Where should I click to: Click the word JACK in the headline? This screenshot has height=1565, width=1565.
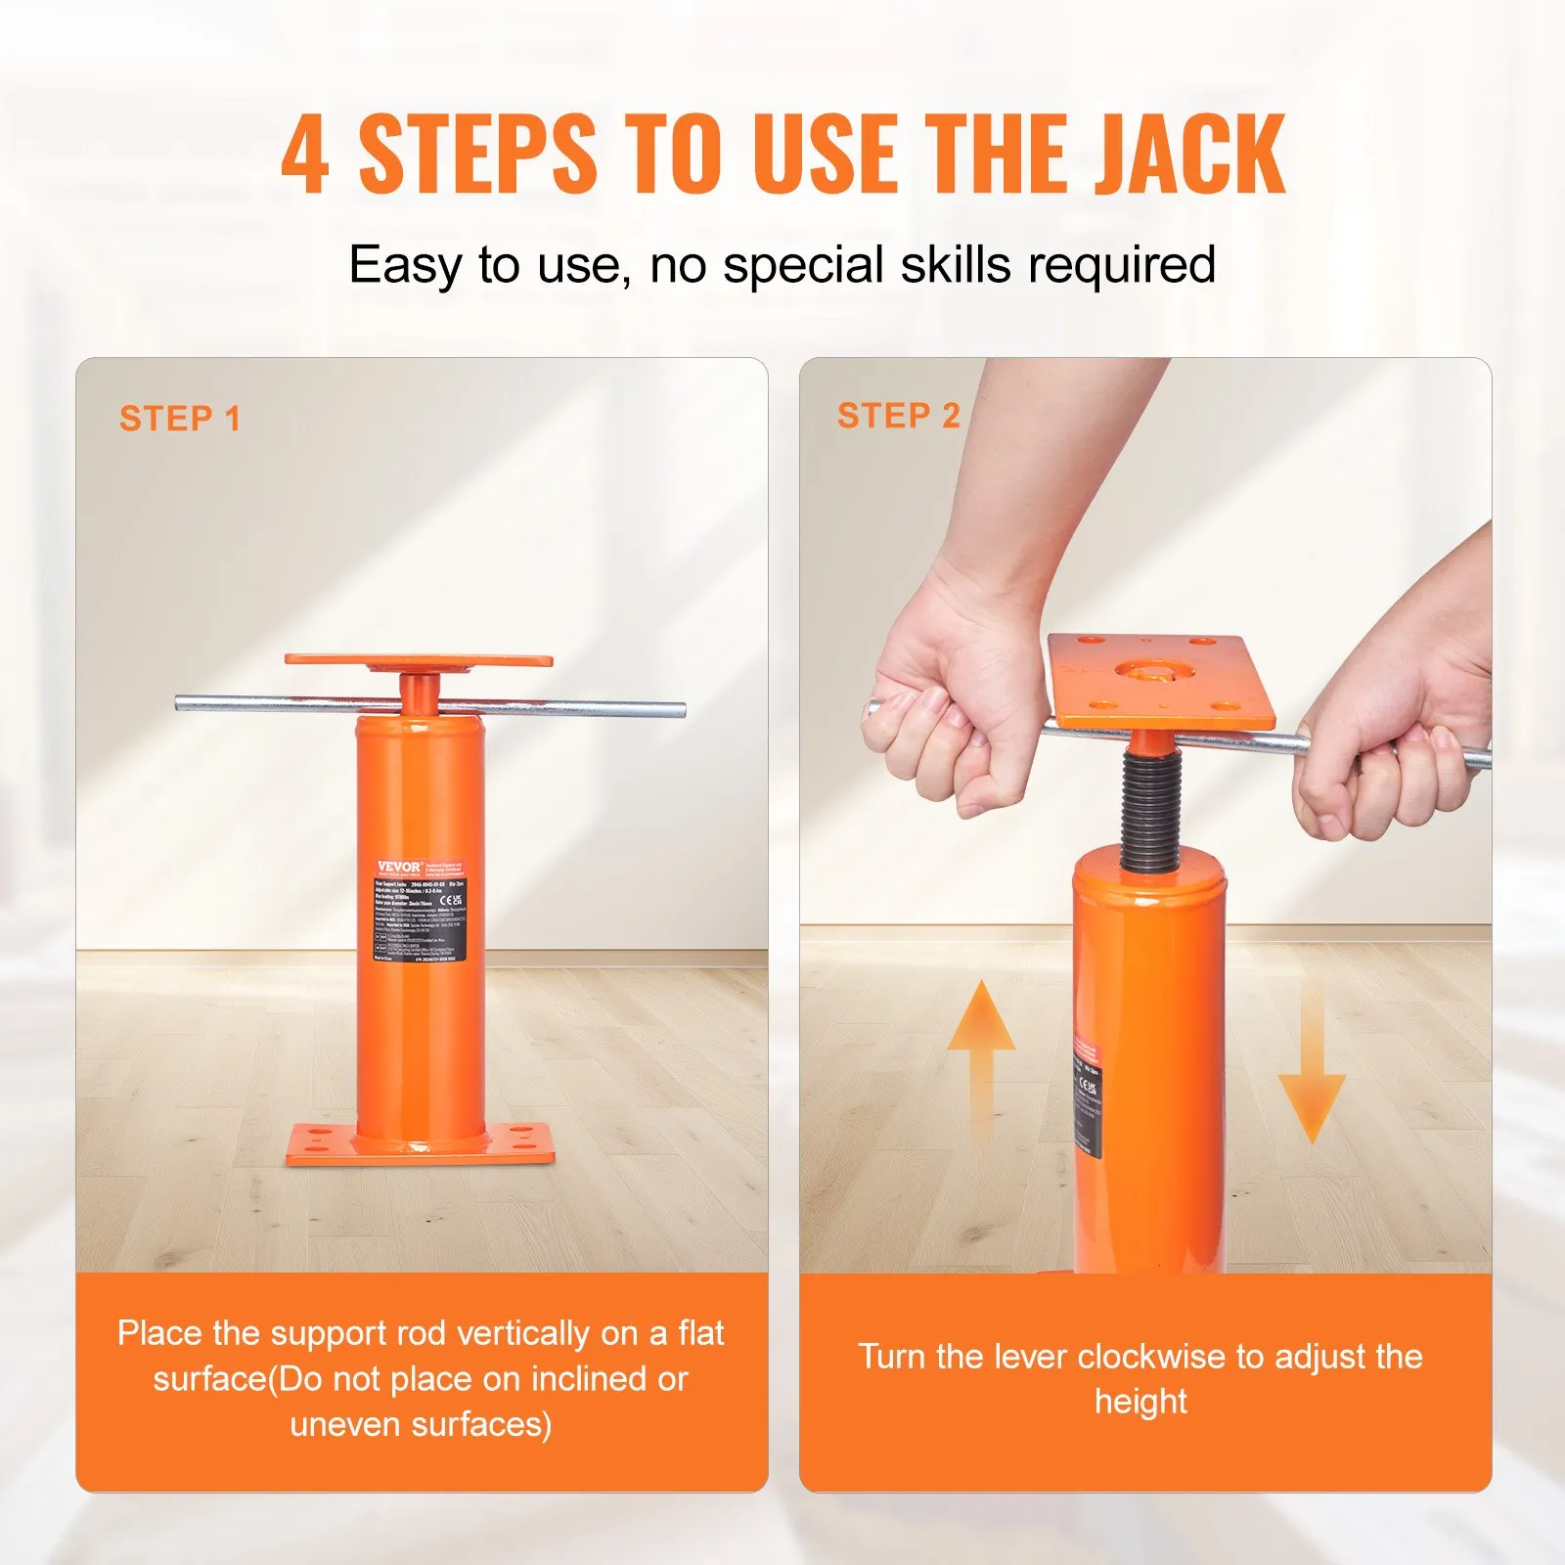pyautogui.click(x=1187, y=155)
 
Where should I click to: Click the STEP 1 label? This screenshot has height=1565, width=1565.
pyautogui.click(x=180, y=419)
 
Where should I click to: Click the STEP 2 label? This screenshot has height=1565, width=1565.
pyautogui.click(x=898, y=416)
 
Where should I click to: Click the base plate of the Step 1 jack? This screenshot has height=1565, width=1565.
pyautogui.click(x=421, y=1144)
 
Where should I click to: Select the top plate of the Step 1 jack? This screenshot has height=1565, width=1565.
pyautogui.click(x=419, y=661)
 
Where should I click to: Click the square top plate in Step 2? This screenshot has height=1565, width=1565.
pyautogui.click(x=1162, y=680)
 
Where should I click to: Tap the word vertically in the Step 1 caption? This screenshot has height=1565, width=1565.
pyautogui.click(x=523, y=1334)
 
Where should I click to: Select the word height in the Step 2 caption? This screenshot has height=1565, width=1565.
pyautogui.click(x=1140, y=1403)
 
